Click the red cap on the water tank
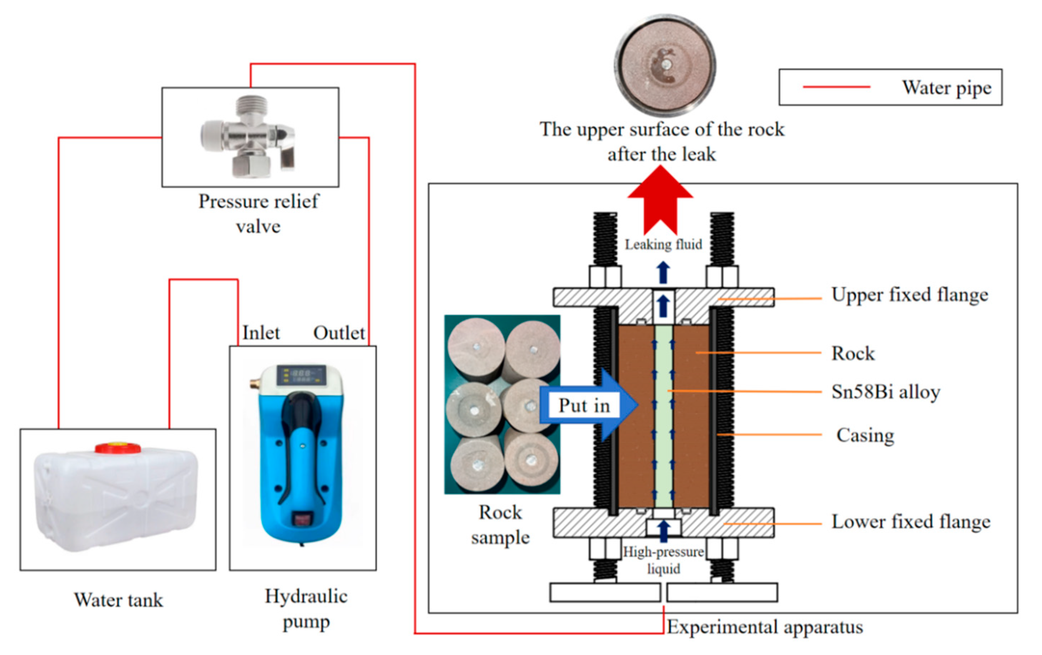pos(118,447)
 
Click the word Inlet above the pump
pos(261,333)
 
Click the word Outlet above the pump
pos(339,333)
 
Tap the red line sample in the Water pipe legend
pos(836,87)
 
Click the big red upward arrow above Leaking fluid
pos(660,200)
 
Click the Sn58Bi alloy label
pos(886,392)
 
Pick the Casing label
pos(865,435)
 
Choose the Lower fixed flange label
pos(911,521)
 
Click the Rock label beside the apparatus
pos(853,353)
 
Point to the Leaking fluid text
pos(663,244)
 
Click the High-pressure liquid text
pos(663,560)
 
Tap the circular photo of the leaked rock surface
pos(665,65)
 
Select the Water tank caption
pos(119,600)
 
